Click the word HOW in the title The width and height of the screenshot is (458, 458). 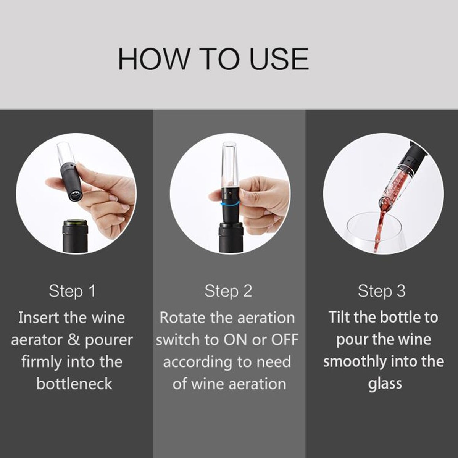154,59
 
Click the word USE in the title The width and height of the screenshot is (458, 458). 279,59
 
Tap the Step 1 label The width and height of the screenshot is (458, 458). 72,291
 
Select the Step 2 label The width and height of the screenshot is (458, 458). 228,291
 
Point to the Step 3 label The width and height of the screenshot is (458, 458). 382,291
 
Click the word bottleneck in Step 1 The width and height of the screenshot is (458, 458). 74,384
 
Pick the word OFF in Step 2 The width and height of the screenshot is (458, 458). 285,340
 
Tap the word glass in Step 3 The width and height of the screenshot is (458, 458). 385,384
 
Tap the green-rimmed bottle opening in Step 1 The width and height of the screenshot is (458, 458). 76,223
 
